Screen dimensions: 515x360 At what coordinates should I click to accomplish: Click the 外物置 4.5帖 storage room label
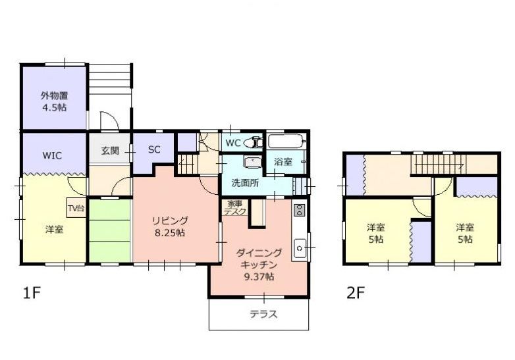54,101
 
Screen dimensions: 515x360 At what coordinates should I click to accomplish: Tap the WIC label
52,155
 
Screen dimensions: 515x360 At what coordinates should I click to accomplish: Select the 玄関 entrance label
110,151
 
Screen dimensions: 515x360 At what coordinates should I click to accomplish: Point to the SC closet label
154,149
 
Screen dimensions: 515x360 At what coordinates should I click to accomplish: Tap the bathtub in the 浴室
286,141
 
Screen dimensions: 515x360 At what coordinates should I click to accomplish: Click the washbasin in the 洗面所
252,163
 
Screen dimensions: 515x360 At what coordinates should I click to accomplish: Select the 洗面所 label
245,183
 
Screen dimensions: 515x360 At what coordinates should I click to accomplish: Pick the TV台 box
76,208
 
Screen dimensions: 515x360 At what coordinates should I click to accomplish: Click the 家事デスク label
235,208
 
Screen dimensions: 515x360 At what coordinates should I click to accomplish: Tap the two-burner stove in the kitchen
299,210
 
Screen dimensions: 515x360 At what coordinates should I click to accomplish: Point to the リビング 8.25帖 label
169,226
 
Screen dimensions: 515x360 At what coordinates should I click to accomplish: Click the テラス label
263,315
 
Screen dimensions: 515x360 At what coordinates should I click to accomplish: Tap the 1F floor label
32,293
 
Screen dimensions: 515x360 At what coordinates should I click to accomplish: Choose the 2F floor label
356,293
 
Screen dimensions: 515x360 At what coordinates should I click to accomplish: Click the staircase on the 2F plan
438,164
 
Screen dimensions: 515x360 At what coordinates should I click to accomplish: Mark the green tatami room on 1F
110,230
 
